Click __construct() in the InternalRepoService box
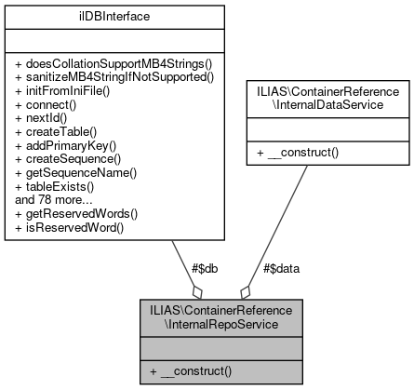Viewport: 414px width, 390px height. pyautogui.click(x=192, y=371)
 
